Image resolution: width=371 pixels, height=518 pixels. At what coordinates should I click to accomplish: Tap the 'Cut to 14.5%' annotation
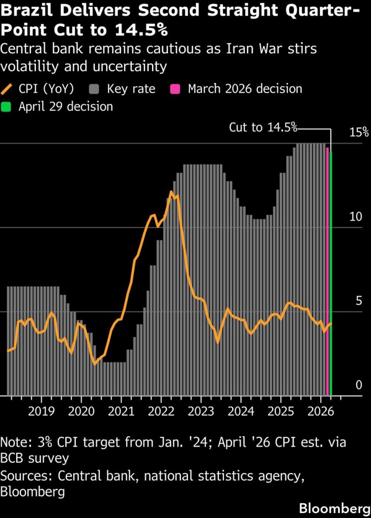pyautogui.click(x=263, y=127)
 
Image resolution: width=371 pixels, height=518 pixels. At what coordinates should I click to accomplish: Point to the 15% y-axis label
pyautogui.click(x=359, y=133)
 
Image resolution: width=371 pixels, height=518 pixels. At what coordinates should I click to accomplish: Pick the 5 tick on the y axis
pyautogui.click(x=359, y=301)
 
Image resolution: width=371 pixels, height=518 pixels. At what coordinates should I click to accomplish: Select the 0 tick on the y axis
pyautogui.click(x=359, y=385)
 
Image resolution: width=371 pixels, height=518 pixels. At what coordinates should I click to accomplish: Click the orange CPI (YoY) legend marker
pyautogui.click(x=8, y=89)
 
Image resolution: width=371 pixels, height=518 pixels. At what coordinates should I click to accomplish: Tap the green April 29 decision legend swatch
pyautogui.click(x=7, y=107)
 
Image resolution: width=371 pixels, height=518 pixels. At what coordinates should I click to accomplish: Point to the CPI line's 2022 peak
pyautogui.click(x=171, y=191)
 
